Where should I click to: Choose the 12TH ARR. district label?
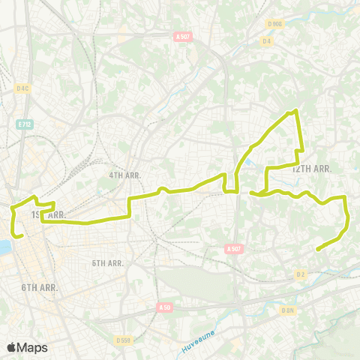(x=311, y=169)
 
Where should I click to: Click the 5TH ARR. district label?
(x=108, y=263)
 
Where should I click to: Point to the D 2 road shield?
(x=301, y=274)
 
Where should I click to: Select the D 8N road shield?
(x=287, y=310)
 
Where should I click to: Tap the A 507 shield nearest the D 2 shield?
(x=232, y=249)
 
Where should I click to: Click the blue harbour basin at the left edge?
(x=4, y=247)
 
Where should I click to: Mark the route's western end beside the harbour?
(x=22, y=236)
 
